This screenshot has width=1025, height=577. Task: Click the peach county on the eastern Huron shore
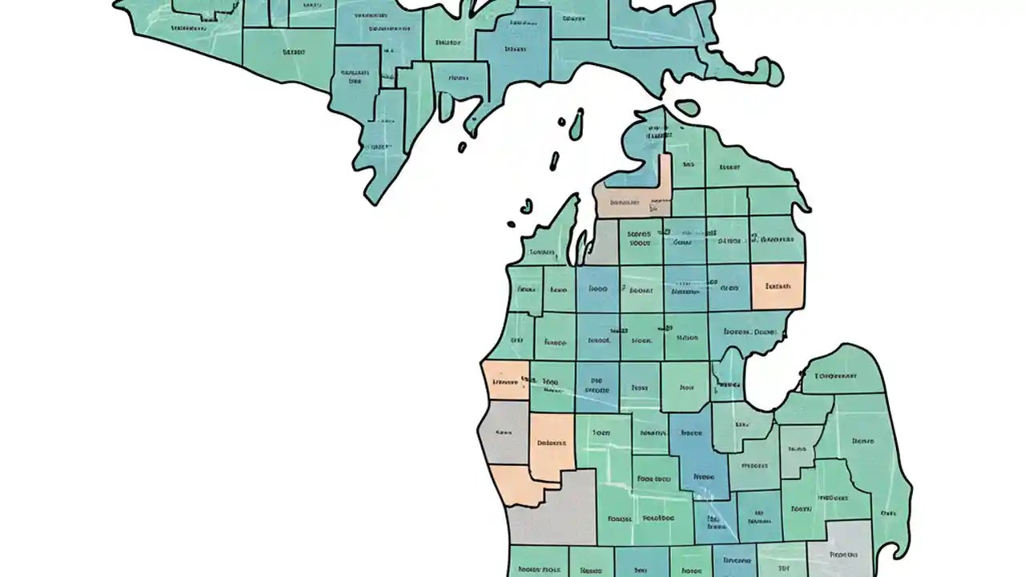(778, 286)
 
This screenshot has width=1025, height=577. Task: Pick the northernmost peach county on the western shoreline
(505, 381)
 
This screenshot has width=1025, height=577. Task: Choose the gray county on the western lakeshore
(503, 433)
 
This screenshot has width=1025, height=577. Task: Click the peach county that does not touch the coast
(552, 446)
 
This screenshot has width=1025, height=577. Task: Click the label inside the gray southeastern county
(844, 554)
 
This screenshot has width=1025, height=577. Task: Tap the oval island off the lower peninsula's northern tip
(687, 106)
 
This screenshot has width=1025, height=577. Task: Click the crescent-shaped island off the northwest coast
(526, 206)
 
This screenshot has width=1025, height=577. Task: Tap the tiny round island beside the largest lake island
(562, 123)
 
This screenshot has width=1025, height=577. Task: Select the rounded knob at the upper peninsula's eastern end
(772, 73)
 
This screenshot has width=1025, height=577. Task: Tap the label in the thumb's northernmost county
(836, 375)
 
